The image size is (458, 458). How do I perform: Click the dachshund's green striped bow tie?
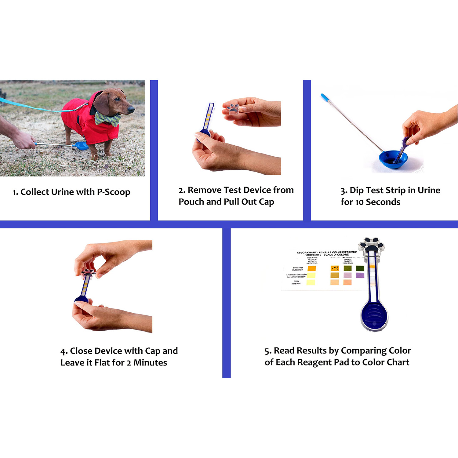(107, 118)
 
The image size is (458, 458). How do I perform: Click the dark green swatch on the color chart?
(360, 268)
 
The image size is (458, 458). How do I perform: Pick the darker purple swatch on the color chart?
(360, 275)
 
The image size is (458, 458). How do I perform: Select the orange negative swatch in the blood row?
(311, 269)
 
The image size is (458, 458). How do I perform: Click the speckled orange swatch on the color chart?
(335, 268)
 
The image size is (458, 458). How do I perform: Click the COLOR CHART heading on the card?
(307, 253)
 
